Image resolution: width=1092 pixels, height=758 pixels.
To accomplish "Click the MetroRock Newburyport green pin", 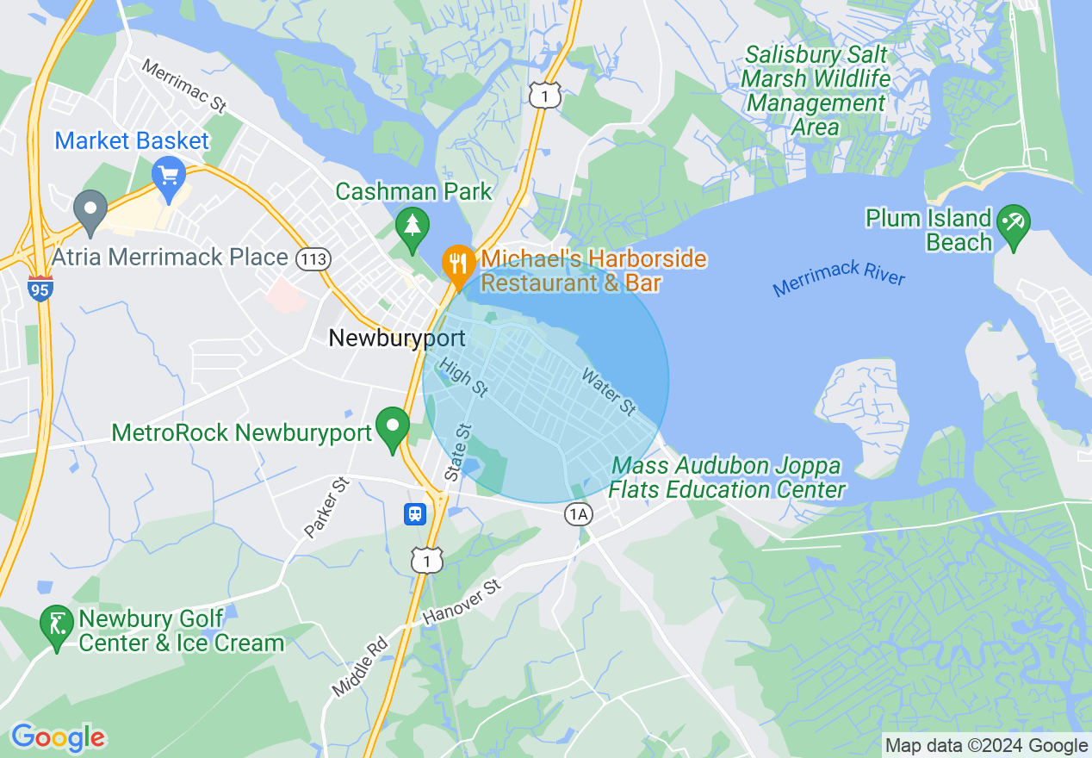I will tap(394, 428).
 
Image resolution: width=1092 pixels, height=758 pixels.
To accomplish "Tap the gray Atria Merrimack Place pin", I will tap(90, 211).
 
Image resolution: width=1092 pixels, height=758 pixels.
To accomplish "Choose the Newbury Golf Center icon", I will tap(57, 629).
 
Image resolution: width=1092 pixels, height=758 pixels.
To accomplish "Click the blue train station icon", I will tap(415, 514).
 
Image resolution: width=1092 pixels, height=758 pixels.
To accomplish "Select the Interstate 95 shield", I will tap(40, 288).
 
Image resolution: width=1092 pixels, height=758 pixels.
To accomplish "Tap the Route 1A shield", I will tap(579, 515).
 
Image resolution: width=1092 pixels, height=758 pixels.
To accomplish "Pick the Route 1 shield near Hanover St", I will tap(426, 560).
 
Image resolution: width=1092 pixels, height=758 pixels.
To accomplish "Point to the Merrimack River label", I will tap(839, 278).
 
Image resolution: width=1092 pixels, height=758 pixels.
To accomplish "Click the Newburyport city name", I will tap(397, 339).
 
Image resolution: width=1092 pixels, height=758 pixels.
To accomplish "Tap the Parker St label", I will tap(326, 507).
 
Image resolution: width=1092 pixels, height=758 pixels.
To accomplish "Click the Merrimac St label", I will tap(183, 85).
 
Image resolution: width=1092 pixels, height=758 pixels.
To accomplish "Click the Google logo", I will tap(58, 737).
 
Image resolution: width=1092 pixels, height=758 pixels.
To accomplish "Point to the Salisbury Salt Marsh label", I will tap(816, 90).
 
